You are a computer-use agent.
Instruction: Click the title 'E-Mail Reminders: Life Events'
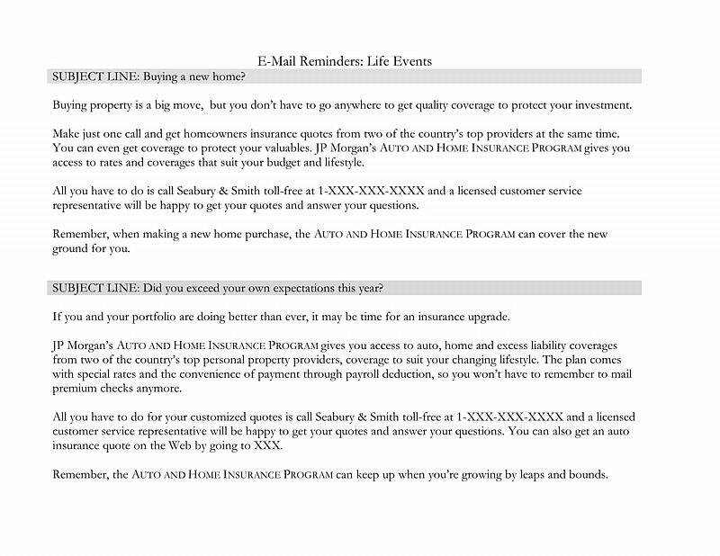coord(345,61)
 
